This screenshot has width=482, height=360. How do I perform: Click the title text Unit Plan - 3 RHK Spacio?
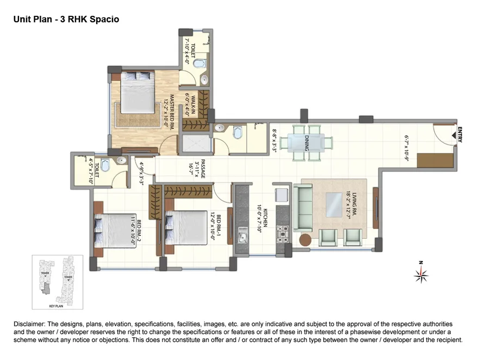[x=66, y=19]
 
